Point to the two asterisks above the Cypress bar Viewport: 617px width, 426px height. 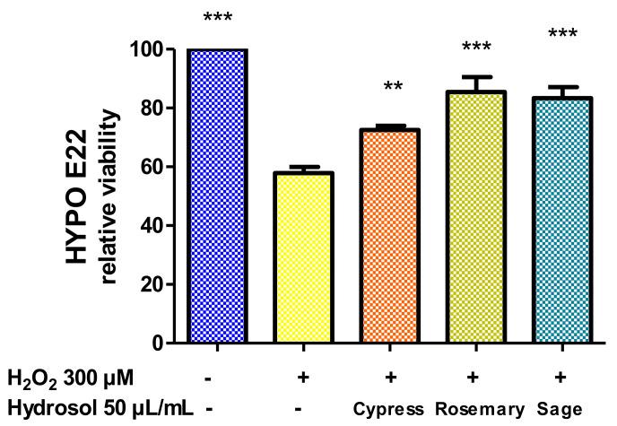(x=392, y=87)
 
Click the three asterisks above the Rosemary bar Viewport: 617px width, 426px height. (x=477, y=48)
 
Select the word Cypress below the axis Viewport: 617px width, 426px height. (x=391, y=410)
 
